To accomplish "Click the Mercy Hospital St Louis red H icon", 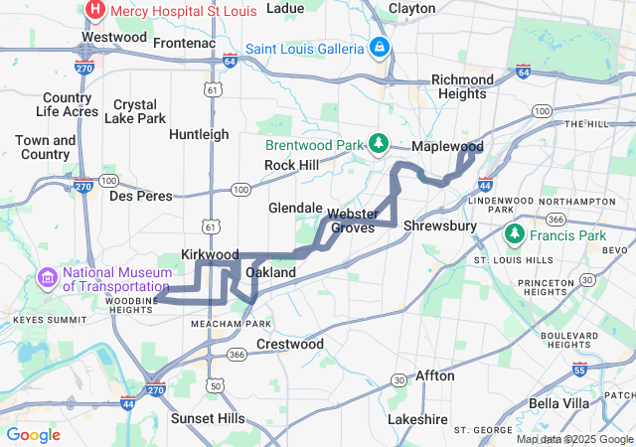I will point(95,11).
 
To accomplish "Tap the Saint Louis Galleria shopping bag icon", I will point(379,47).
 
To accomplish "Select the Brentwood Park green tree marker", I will point(379,144).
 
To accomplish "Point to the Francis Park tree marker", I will point(514,235).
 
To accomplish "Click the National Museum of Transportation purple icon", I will point(47,276).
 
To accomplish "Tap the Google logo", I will point(33,435).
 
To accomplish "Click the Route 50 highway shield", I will point(215,385).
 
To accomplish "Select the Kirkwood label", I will point(210,255).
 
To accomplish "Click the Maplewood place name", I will point(447,146).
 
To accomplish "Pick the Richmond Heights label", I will point(462,86).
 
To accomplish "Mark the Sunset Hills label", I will point(208,419).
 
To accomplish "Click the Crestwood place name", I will point(290,344).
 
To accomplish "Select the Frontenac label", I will point(184,43).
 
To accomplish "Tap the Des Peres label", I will point(134,196).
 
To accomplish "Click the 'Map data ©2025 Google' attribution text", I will point(574,439).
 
